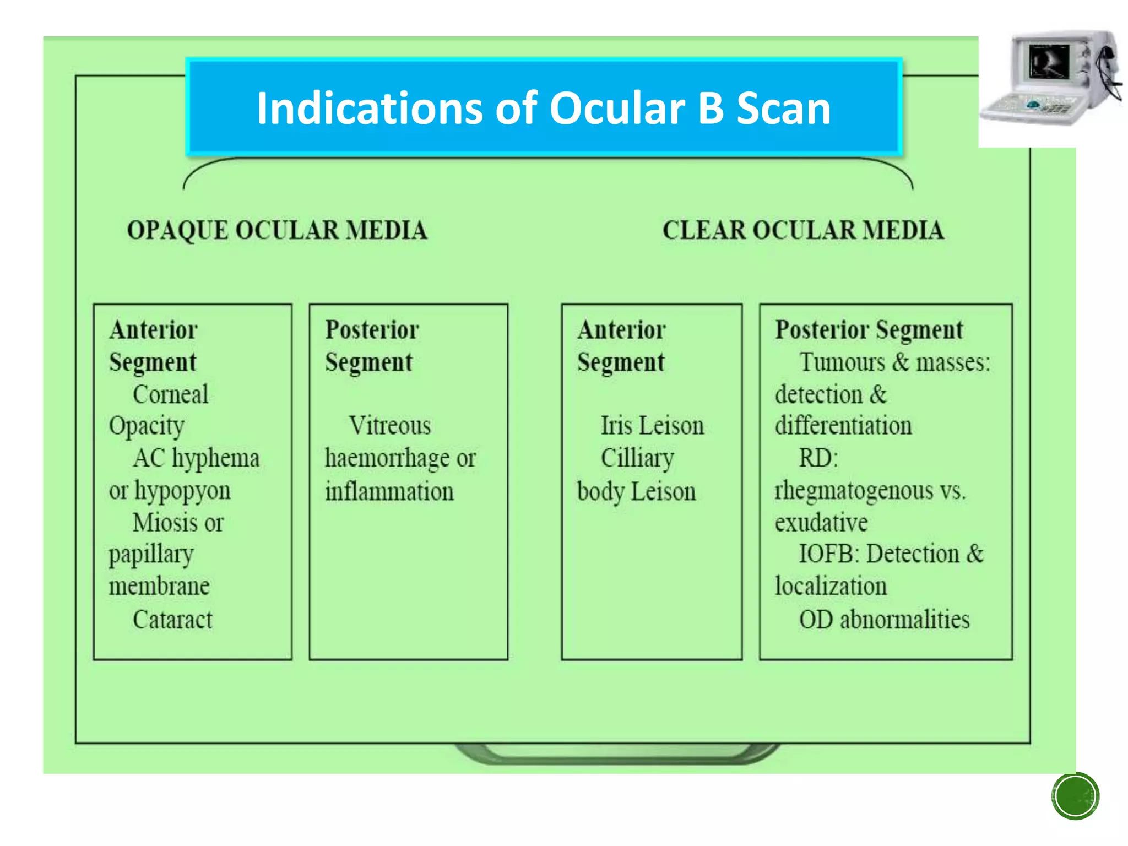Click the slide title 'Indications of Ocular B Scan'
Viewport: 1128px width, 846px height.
[544, 108]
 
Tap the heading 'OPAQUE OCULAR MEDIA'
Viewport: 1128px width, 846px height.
[277, 230]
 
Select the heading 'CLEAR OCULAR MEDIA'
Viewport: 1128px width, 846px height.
[803, 230]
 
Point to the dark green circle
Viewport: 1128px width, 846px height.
[1075, 796]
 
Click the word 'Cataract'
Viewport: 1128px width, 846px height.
[172, 620]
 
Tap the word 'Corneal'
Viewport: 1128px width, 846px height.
[171, 394]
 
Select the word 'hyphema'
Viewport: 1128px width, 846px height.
[215, 458]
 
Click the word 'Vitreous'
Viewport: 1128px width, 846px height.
[390, 426]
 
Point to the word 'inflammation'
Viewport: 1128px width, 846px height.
[389, 491]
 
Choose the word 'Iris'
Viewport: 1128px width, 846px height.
[616, 426]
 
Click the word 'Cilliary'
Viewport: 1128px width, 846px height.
[637, 458]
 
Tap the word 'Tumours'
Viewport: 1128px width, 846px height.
[842, 362]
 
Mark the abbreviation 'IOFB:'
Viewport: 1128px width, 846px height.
[829, 554]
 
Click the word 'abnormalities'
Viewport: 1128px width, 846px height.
[904, 620]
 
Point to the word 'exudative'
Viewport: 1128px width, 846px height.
[821, 523]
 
